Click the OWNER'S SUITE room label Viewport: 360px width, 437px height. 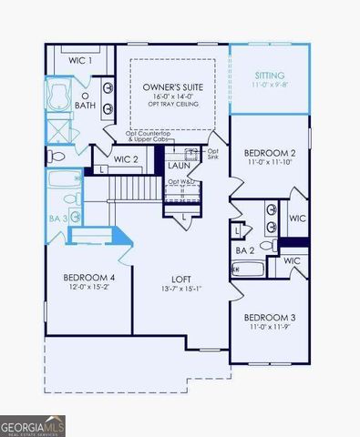tap(171, 87)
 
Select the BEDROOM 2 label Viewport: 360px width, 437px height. tap(269, 153)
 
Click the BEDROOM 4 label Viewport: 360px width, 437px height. tap(88, 278)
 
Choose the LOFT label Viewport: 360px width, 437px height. tap(180, 279)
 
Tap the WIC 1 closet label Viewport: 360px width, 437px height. tap(80, 60)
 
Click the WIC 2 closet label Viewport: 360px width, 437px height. tap(126, 160)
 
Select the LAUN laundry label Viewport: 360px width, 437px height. tap(178, 166)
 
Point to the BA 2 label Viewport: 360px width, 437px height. tap(244, 249)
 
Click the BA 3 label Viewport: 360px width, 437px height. tap(57, 218)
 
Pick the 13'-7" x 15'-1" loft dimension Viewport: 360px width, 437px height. tap(180, 290)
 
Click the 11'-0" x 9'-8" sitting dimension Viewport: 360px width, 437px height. tap(269, 84)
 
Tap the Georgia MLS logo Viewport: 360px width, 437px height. tap(33, 425)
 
